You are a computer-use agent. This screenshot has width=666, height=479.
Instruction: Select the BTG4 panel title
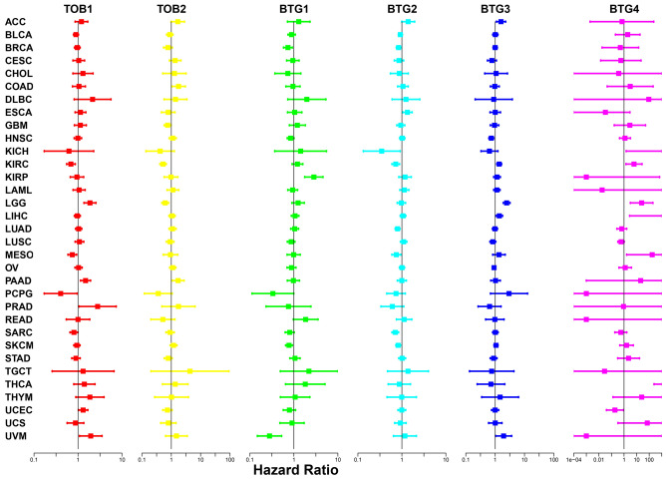click(623, 8)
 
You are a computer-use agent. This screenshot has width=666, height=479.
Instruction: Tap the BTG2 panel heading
click(402, 8)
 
